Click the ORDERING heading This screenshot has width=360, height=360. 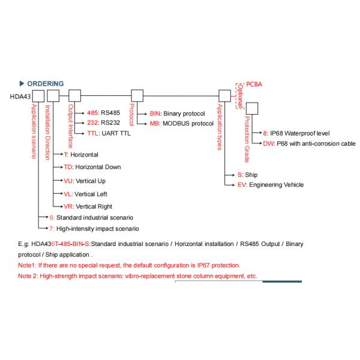coord(46,83)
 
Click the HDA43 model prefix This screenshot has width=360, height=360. coord(20,95)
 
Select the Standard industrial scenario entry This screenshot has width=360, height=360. coord(90,217)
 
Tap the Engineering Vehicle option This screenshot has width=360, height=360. coord(270,185)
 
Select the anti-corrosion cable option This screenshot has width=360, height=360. coord(309,143)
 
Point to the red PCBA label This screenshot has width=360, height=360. coord(255,85)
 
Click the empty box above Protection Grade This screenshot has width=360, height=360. coord(252,108)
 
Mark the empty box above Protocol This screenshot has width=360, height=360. coord(137,95)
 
